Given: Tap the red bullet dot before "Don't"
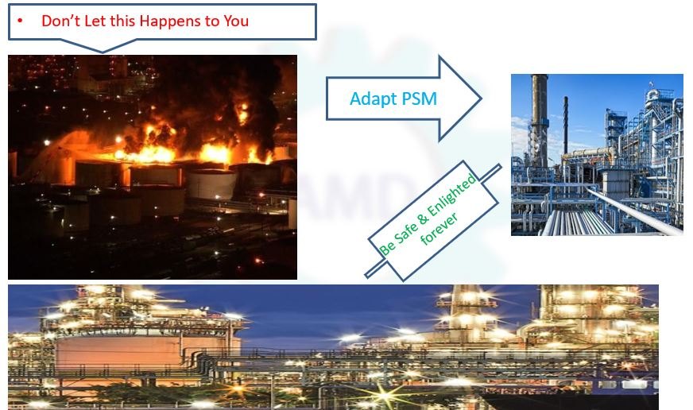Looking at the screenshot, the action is click(20, 21).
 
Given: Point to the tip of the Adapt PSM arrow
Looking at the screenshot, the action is click(481, 98).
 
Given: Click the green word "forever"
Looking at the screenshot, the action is click(439, 230).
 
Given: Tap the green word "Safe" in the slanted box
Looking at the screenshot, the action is click(406, 232).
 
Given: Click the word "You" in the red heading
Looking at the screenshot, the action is click(236, 21).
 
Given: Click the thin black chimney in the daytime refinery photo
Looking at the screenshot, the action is click(565, 126).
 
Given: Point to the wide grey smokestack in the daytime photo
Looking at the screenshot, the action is click(539, 120).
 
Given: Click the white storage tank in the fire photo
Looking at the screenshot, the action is click(212, 184).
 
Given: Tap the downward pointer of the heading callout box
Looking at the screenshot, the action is click(103, 46).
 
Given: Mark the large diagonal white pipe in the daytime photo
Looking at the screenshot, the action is click(634, 211).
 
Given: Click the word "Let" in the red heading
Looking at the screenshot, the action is click(95, 21).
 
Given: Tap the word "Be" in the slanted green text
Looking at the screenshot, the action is click(387, 247).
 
